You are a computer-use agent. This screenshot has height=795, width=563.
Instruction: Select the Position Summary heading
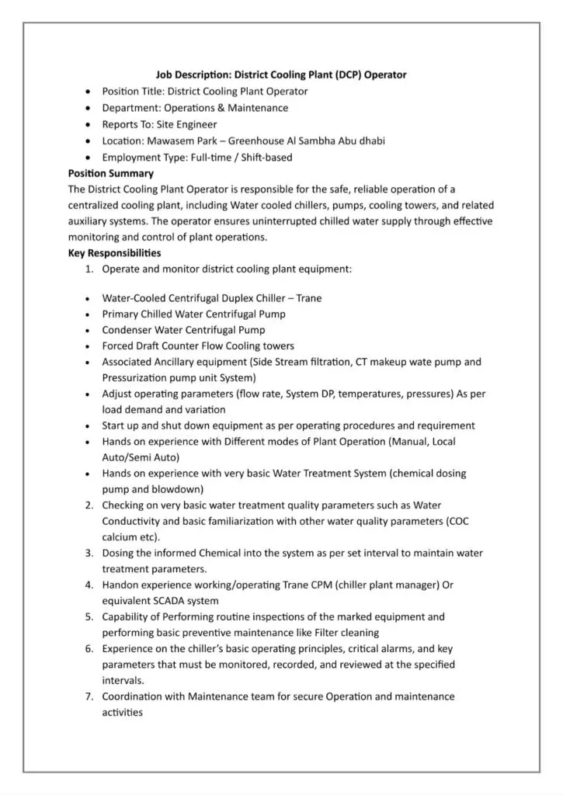tap(111, 173)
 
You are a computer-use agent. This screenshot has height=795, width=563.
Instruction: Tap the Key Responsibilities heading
tap(115, 253)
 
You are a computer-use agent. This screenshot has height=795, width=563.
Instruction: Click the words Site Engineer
tap(186, 124)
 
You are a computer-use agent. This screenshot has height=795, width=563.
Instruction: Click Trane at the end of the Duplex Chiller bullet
tap(309, 297)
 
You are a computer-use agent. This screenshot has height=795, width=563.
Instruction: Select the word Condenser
tap(127, 330)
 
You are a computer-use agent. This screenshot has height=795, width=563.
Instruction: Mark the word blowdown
tap(179, 489)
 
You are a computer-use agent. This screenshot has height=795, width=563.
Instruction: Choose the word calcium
tap(120, 536)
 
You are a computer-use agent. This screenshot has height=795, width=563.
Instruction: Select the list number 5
tap(89, 616)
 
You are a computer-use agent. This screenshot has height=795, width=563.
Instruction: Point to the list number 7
tap(89, 696)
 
